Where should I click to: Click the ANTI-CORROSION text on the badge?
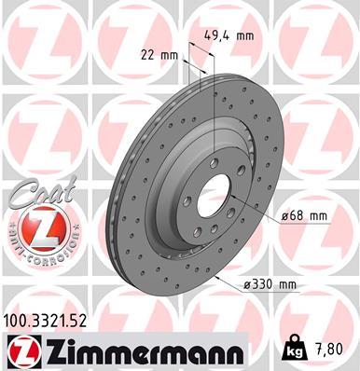pos(38,250)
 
